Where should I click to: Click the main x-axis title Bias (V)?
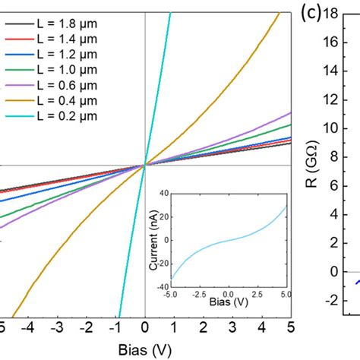[144, 350]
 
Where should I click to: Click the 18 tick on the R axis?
[331, 14]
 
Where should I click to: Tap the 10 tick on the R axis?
[331, 128]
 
